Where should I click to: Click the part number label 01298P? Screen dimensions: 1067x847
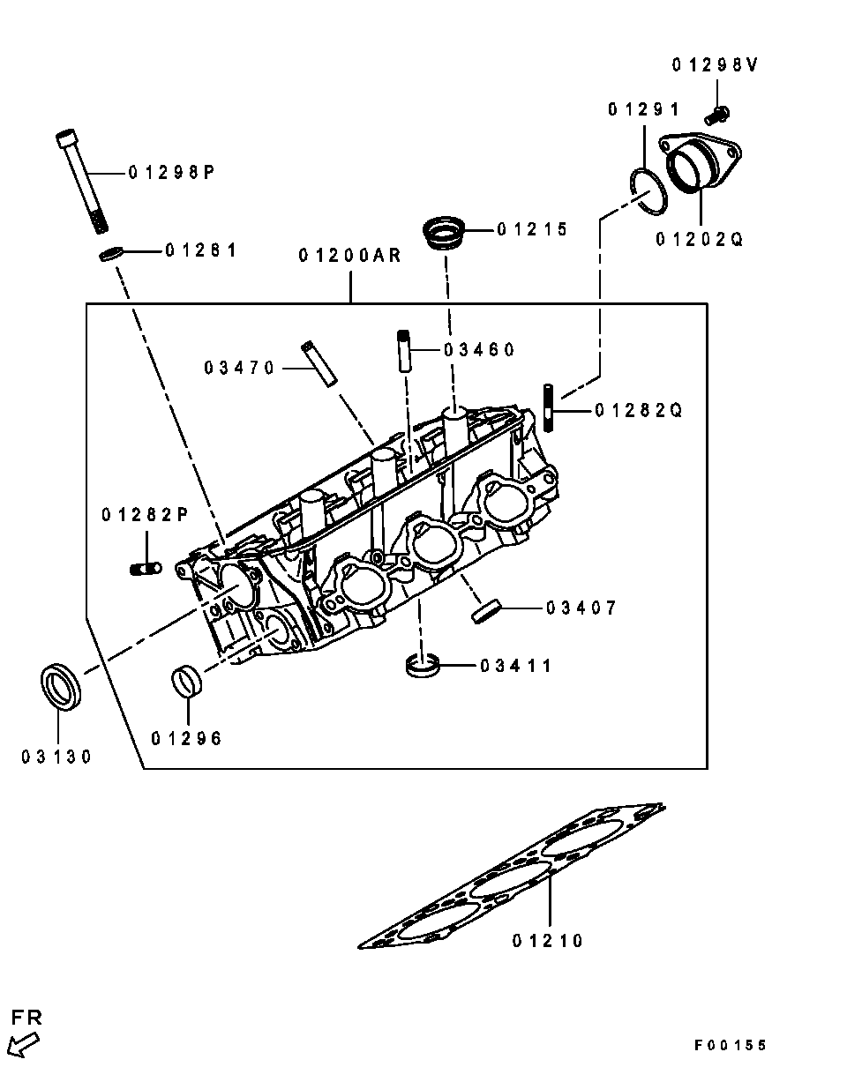pos(171,173)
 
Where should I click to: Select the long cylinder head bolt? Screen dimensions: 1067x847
pos(81,182)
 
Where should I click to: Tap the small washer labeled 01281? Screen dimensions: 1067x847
pos(109,255)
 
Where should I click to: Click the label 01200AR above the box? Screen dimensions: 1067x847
pos(349,256)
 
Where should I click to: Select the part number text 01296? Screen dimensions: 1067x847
pos(186,739)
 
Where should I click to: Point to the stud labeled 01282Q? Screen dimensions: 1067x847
pos(549,407)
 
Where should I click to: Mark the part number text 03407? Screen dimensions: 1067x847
pos(581,608)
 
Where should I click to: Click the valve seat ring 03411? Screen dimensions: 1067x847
pos(422,666)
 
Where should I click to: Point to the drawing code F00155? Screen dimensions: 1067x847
pos(730,1045)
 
